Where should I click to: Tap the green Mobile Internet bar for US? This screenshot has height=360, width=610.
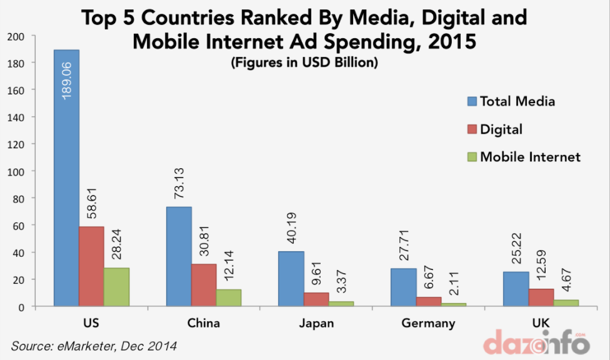(x=116, y=287)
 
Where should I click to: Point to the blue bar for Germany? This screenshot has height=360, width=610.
(x=404, y=287)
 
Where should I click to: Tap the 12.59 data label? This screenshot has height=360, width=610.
(x=542, y=266)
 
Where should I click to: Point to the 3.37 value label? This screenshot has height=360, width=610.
(x=342, y=282)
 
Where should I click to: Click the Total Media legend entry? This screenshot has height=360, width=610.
(x=511, y=101)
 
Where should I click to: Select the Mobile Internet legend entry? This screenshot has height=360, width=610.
(x=524, y=157)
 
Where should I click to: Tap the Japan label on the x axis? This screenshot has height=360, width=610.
(x=316, y=323)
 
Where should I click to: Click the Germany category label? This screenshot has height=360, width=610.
(x=429, y=323)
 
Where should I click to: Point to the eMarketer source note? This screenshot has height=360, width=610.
(x=94, y=345)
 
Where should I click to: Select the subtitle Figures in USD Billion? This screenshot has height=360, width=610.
(x=304, y=63)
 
